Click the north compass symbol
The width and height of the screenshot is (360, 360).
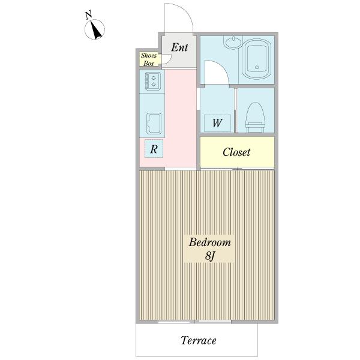(x=95, y=29)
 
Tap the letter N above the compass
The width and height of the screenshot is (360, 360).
(x=89, y=14)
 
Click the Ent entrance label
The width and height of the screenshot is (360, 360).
(x=179, y=47)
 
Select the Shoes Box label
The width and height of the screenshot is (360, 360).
(x=149, y=59)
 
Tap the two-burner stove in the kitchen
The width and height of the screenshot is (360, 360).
(x=152, y=81)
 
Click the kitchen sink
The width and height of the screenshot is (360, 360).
(x=154, y=124)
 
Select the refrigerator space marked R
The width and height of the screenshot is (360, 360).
(x=154, y=149)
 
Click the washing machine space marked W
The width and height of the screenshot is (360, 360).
(x=217, y=123)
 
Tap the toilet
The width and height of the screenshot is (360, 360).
(x=256, y=118)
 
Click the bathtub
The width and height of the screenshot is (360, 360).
(x=256, y=59)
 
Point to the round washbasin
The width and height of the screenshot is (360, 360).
(x=233, y=43)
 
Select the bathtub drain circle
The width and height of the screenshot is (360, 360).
(x=257, y=67)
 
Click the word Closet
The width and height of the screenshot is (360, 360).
(x=236, y=152)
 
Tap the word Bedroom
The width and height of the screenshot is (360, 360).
(x=209, y=242)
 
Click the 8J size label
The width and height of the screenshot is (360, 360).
(x=209, y=256)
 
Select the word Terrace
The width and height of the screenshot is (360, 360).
(x=199, y=340)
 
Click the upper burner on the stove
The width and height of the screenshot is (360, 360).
(x=154, y=78)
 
